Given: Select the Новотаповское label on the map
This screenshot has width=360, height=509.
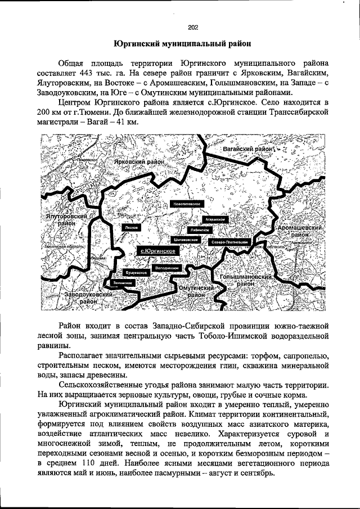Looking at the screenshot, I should [188, 204].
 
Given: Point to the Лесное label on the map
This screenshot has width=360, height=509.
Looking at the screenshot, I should [132, 227].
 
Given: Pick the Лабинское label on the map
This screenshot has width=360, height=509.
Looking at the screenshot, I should [200, 230].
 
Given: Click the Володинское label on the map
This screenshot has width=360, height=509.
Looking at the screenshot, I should [166, 268].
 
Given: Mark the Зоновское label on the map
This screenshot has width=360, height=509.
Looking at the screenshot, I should [123, 282].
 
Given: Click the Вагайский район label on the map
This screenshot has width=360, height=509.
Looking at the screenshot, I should [248, 150].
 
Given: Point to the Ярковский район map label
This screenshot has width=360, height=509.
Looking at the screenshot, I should [139, 161].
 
